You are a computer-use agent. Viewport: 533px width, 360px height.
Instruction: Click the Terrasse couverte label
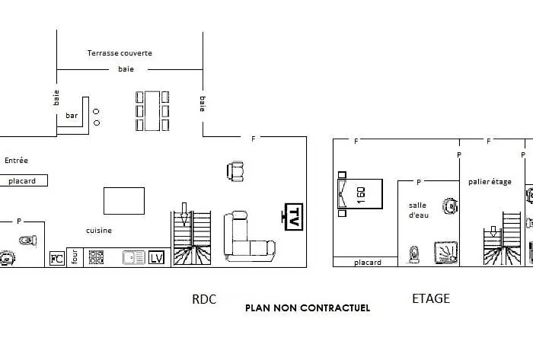120,53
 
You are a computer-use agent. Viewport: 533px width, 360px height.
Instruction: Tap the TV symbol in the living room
292,217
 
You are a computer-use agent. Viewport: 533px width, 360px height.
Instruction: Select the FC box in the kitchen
56,258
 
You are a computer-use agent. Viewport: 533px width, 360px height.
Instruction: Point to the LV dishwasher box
156,258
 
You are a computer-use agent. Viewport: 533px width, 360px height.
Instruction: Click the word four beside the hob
75,258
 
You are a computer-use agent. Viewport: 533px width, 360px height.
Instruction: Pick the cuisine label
100,231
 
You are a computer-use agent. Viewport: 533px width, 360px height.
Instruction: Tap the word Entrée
16,161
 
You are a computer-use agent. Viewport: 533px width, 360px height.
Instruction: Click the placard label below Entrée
23,181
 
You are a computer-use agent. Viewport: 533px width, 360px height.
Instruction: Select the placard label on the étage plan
368,263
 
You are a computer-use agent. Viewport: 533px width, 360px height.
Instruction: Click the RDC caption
204,300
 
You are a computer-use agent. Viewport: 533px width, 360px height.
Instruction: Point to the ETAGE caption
431,298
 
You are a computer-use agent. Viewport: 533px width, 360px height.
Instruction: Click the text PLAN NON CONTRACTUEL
308,308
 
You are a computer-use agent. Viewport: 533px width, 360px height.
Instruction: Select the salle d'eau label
418,210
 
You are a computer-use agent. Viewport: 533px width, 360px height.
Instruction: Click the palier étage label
490,181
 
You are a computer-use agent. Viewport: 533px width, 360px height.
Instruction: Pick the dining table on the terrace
152,110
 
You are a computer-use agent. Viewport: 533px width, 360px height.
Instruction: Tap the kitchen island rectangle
124,201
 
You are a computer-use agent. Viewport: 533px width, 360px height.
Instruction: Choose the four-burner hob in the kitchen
96,258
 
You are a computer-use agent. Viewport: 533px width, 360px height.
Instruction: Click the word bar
72,116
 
